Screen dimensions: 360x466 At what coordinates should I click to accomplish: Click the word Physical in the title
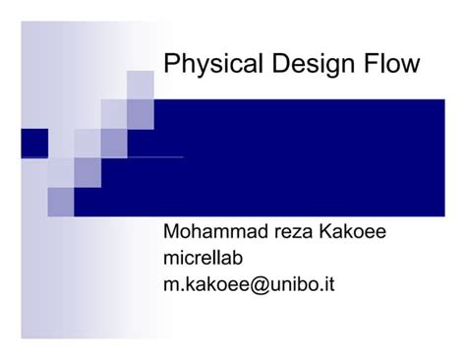tap(204, 65)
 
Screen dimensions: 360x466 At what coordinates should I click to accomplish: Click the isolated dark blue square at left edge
tap(33, 143)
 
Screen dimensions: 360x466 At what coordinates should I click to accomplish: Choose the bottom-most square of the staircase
tap(60, 202)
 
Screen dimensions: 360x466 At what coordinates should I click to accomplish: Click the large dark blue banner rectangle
tap(295, 157)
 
